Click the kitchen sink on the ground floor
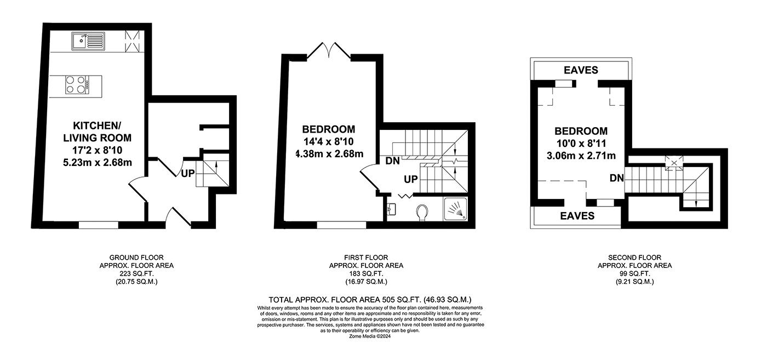(x=88, y=41)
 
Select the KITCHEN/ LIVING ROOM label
(x=98, y=132)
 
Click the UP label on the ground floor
(x=187, y=173)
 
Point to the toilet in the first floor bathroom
(x=423, y=213)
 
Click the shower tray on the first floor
(x=455, y=209)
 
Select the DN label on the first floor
(x=392, y=161)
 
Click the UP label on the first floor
(x=410, y=179)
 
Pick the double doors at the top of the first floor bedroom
(x=329, y=51)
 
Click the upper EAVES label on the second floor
(x=581, y=70)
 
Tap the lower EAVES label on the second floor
(x=577, y=216)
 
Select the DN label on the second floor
(x=617, y=178)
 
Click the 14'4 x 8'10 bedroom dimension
(x=328, y=141)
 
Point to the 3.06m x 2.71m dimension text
(x=581, y=156)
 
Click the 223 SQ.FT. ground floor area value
(x=136, y=273)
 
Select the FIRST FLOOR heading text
(x=366, y=258)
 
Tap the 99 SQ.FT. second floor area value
(x=634, y=273)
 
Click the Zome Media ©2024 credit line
(x=370, y=336)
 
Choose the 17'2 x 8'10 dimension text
(x=98, y=150)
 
